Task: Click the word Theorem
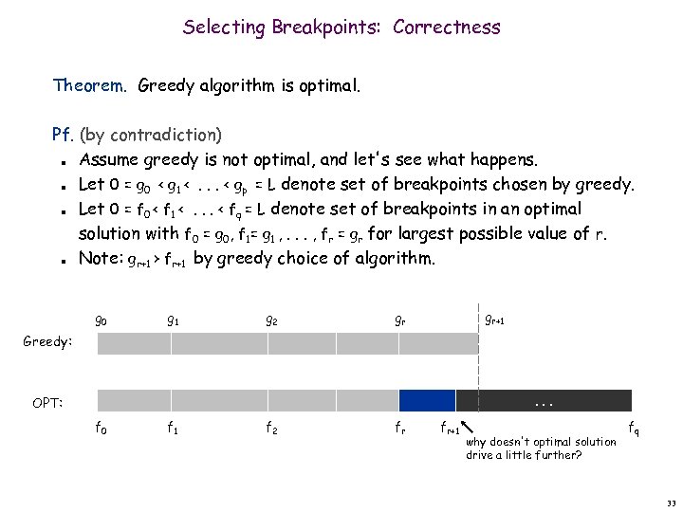pyautogui.click(x=90, y=87)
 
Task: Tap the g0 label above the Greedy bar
pyautogui.click(x=102, y=321)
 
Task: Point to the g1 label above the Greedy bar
pyautogui.click(x=173, y=321)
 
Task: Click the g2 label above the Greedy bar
pyautogui.click(x=271, y=321)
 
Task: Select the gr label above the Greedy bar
pyautogui.click(x=402, y=321)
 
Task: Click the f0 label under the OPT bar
pyautogui.click(x=102, y=427)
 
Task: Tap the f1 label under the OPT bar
pyautogui.click(x=173, y=427)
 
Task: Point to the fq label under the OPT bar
pyautogui.click(x=633, y=430)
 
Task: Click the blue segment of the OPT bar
pyautogui.click(x=427, y=400)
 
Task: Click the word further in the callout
pyautogui.click(x=561, y=455)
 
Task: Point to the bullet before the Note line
pyautogui.click(x=61, y=259)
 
